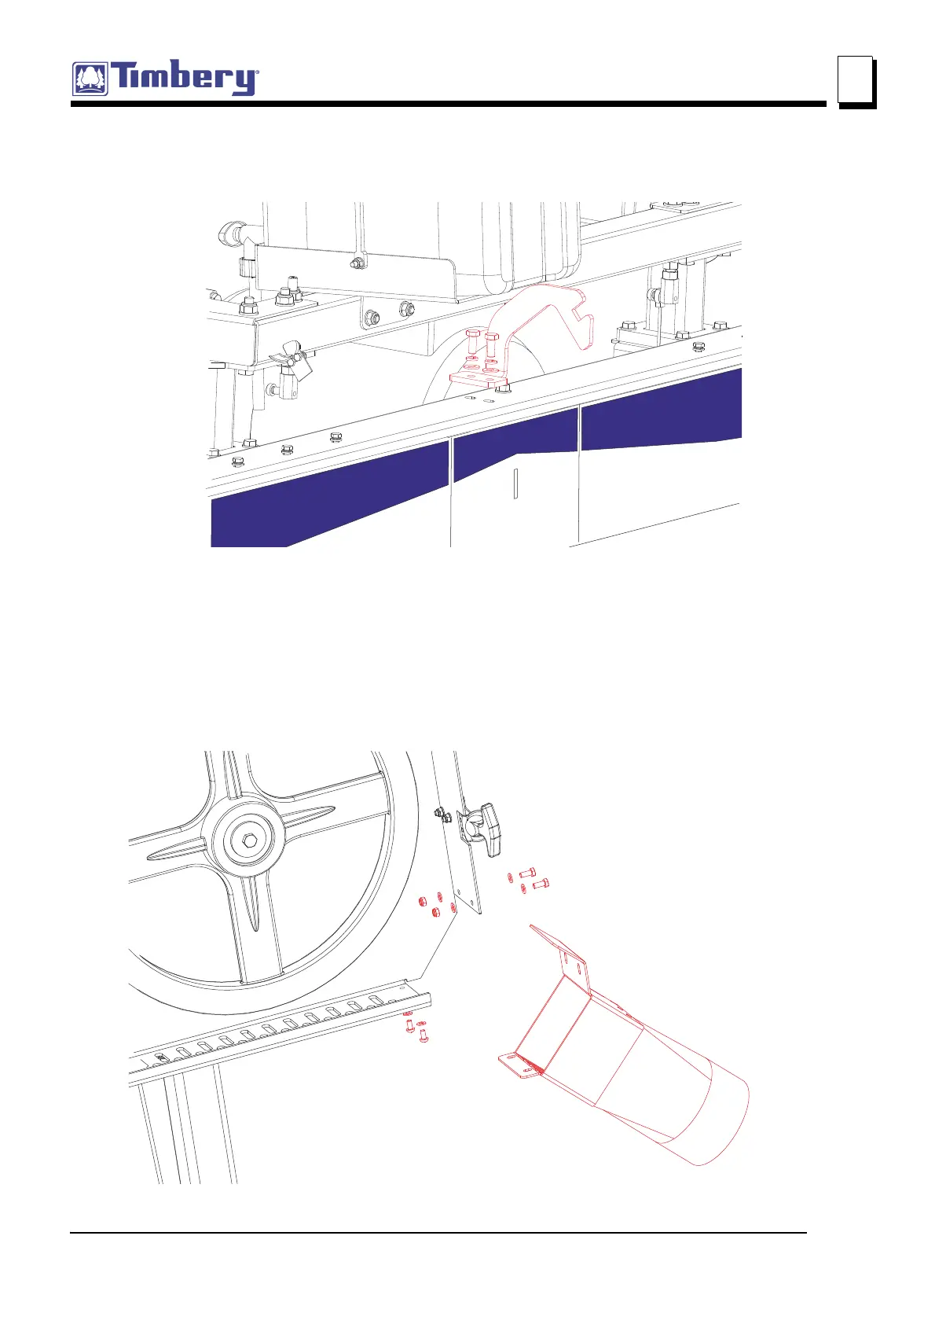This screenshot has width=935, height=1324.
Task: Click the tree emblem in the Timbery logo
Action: point(91,79)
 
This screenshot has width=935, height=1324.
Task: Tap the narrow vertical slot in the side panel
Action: point(515,484)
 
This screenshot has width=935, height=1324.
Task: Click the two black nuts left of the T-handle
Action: point(443,815)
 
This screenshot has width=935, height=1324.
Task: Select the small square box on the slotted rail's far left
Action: point(162,1058)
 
